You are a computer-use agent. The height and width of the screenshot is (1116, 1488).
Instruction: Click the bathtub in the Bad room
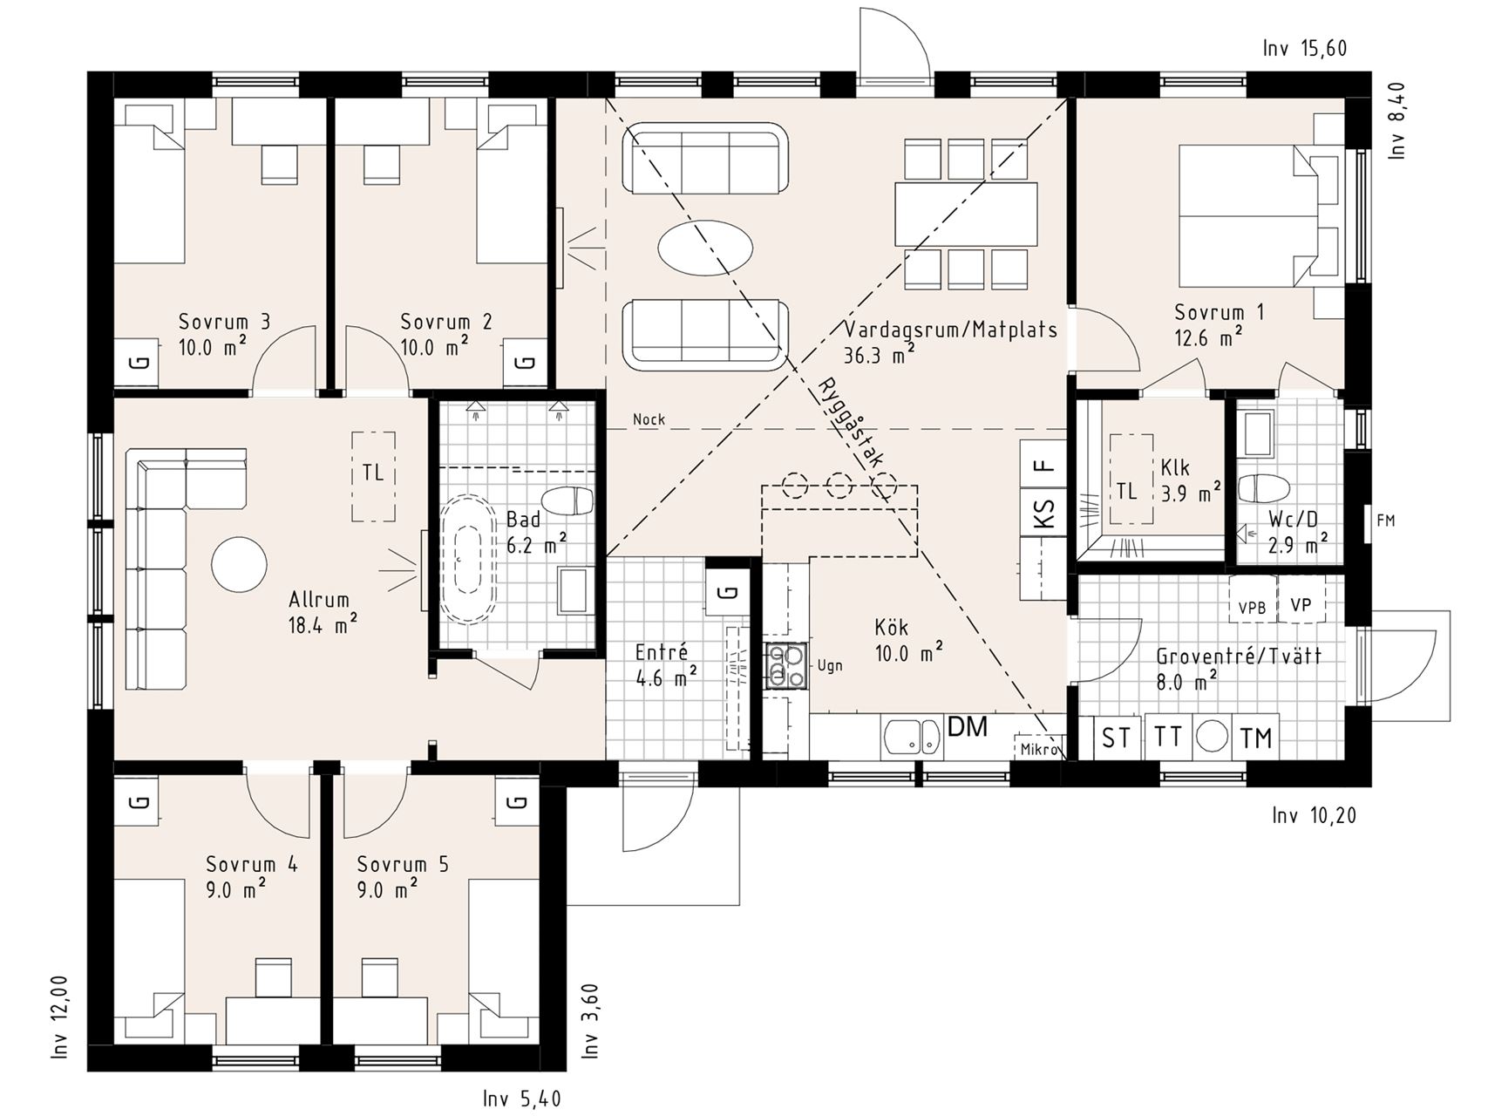coord(470,558)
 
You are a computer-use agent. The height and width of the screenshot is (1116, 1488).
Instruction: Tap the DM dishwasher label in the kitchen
coord(967,726)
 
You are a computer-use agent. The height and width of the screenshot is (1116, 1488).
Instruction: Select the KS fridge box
coord(1043,512)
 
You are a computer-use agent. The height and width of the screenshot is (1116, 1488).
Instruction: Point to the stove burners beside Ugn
coord(787,666)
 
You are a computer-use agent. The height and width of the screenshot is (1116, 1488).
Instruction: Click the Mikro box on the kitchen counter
coord(1039,748)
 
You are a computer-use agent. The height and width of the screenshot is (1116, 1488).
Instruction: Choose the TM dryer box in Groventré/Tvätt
coord(1255,738)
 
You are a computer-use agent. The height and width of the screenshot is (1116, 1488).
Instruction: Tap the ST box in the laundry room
coord(1116,738)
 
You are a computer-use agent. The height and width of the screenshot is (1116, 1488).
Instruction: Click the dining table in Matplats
coord(966,214)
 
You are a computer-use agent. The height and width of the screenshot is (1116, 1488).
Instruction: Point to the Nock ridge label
coord(649,419)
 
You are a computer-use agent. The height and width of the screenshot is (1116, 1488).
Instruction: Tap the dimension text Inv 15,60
coord(1304,49)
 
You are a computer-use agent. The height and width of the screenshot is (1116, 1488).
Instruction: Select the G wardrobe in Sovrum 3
coord(137,362)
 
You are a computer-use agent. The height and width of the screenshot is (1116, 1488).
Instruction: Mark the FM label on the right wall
coord(1385,521)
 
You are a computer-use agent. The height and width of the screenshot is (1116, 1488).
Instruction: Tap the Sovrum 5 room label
coord(403,864)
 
